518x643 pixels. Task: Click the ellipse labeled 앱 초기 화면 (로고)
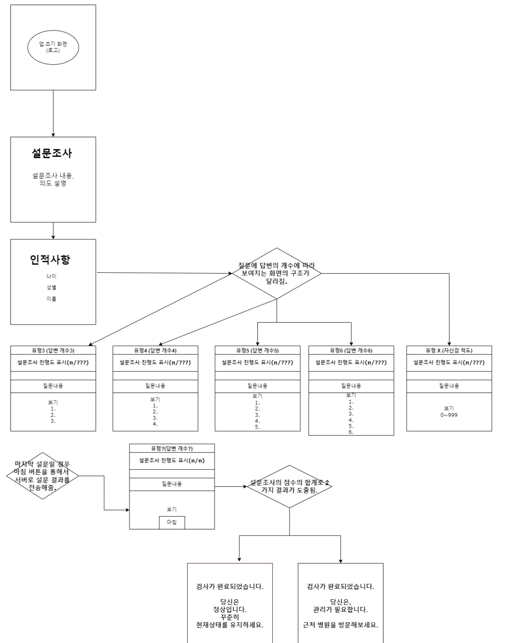pyautogui.click(x=53, y=47)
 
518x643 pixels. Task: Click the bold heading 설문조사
pyautogui.click(x=52, y=153)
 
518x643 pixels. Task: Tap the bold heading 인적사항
pyautogui.click(x=50, y=260)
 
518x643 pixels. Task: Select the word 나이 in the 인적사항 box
pyautogui.click(x=51, y=276)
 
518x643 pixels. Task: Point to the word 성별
pyautogui.click(x=51, y=287)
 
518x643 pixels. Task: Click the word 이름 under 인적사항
pyautogui.click(x=51, y=299)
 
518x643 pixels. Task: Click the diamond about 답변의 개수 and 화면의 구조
pyautogui.click(x=276, y=273)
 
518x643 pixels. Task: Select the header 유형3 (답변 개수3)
pyautogui.click(x=53, y=350)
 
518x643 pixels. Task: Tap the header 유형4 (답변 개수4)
pyautogui.click(x=155, y=350)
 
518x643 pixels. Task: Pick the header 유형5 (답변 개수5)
pyautogui.click(x=257, y=350)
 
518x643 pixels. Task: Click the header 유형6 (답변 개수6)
pyautogui.click(x=351, y=350)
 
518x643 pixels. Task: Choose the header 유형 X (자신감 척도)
pyautogui.click(x=449, y=350)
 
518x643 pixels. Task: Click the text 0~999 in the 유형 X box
pyautogui.click(x=449, y=415)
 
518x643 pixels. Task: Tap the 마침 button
pyautogui.click(x=172, y=522)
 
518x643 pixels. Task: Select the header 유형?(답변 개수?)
pyautogui.click(x=172, y=448)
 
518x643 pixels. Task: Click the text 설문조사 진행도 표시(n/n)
pyautogui.click(x=172, y=461)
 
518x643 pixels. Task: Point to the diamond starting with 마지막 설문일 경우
pyautogui.click(x=42, y=476)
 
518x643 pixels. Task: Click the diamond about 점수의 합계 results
pyautogui.click(x=289, y=487)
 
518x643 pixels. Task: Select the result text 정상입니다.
pyautogui.click(x=230, y=610)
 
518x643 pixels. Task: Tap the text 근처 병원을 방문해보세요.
pyautogui.click(x=340, y=625)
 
